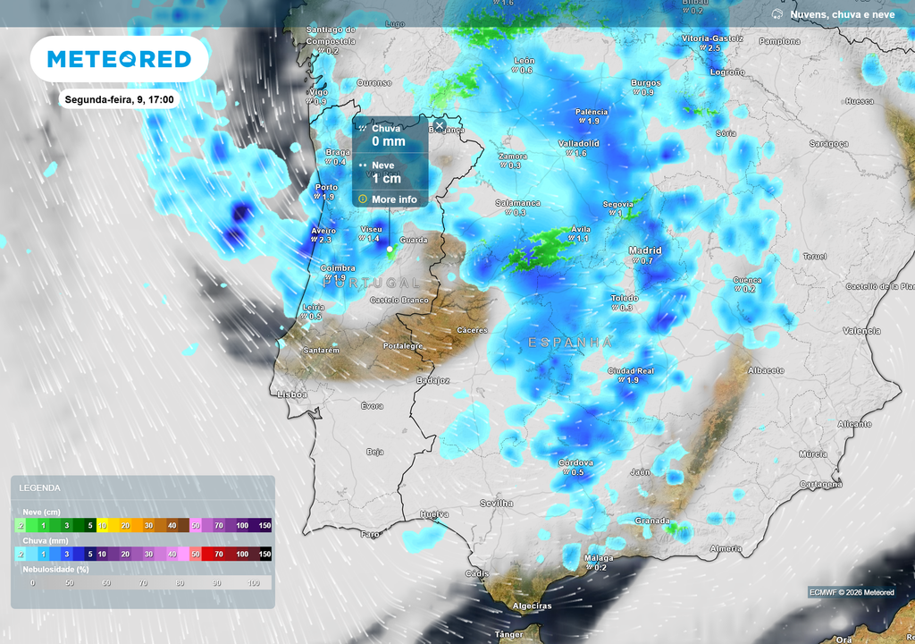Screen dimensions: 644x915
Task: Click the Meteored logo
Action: pos(119,59)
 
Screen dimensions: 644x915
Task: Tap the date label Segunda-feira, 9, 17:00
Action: pos(119,99)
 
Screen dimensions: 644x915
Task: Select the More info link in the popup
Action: pos(394,199)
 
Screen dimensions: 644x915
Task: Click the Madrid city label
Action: pos(645,250)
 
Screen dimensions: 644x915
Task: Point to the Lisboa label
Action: pos(292,394)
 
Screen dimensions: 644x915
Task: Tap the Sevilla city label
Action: pos(497,503)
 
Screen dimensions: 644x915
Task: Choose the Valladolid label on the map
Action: pos(578,143)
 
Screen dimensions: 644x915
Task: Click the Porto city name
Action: pos(324,187)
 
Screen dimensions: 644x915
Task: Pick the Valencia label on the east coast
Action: pos(861,331)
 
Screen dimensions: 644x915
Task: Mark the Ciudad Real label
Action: pos(632,370)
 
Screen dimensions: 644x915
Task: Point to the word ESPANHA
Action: pos(570,343)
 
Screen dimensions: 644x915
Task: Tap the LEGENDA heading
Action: pos(40,487)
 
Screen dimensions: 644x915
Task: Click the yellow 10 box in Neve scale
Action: pos(102,525)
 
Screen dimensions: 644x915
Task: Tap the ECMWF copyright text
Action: pos(851,592)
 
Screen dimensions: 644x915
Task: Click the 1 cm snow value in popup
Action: pos(386,178)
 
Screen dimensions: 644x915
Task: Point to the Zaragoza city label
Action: pos(828,143)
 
